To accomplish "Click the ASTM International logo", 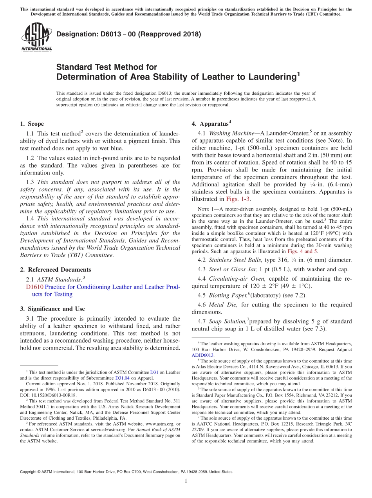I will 36,38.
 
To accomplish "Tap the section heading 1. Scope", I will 32,124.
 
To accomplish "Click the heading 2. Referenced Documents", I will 55,269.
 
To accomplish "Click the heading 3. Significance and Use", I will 52,309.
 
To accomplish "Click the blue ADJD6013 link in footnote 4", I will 202,355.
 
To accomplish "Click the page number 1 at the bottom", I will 186,481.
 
